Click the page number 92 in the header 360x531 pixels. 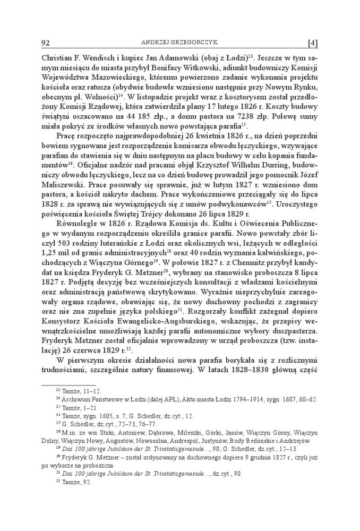pos(45,43)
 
